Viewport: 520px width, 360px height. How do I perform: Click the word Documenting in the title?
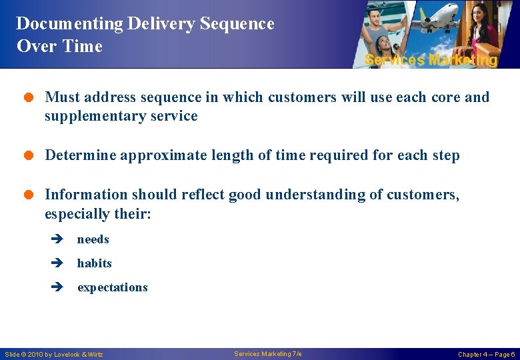coord(69,24)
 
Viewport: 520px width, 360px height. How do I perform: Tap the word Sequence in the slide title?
coord(237,24)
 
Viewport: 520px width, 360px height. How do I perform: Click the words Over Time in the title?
coord(59,47)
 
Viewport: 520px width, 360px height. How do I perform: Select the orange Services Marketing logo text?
coord(431,60)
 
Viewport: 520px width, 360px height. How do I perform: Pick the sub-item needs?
coord(93,240)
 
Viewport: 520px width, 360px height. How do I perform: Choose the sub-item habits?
coord(95,264)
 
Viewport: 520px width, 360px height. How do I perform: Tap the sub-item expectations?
coord(113,288)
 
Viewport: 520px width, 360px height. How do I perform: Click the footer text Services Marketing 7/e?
coord(267,354)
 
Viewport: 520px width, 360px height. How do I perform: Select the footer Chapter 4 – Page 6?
coord(485,355)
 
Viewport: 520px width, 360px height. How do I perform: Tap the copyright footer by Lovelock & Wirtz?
coord(54,355)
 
